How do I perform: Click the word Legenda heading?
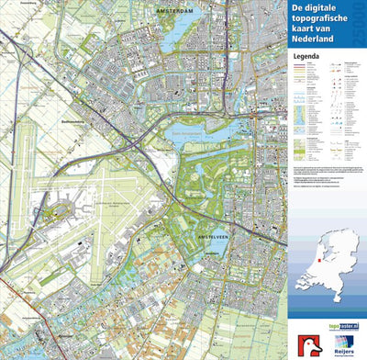pos(305,55)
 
